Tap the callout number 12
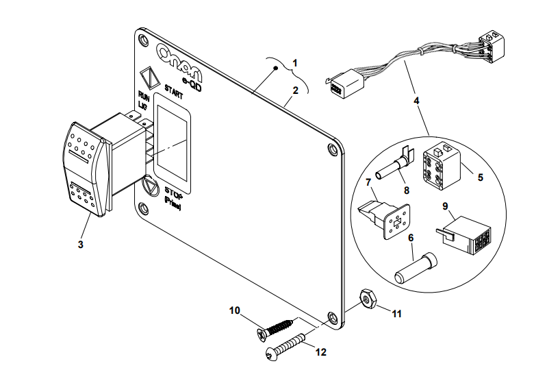pos(321,352)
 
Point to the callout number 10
pos(234,310)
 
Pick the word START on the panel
pos(173,90)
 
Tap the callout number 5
pos(480,177)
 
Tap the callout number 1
pos(295,62)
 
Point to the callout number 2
pos(295,90)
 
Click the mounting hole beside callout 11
pos(333,317)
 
